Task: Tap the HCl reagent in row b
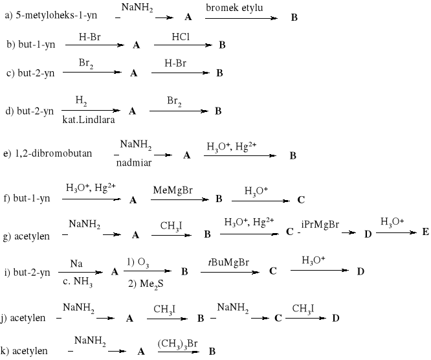(x=181, y=38)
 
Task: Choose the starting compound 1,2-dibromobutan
(x=47, y=154)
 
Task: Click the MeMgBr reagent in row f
(x=170, y=189)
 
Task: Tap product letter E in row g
(x=425, y=232)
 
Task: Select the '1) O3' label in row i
(x=140, y=262)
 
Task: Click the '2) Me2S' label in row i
(x=146, y=283)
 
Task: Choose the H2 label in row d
(x=81, y=100)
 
